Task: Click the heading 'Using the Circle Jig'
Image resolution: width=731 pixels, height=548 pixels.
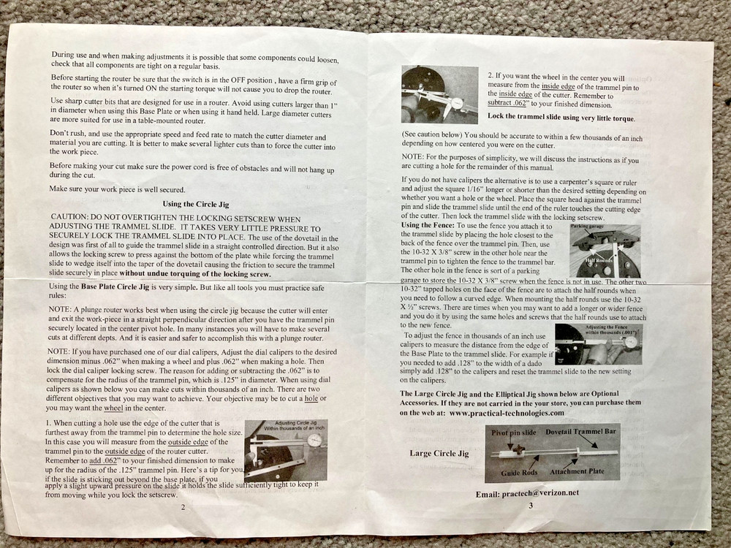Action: tap(195, 204)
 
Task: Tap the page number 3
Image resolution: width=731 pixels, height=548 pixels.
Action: tap(531, 505)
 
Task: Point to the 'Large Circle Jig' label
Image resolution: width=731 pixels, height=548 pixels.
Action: tap(439, 453)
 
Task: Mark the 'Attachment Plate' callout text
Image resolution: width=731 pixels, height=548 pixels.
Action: tap(577, 471)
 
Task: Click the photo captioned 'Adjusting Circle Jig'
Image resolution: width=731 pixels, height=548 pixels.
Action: tap(285, 449)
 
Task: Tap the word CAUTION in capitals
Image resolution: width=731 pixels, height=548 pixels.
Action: tap(72, 218)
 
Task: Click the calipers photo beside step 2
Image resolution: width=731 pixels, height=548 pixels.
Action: tap(439, 94)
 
